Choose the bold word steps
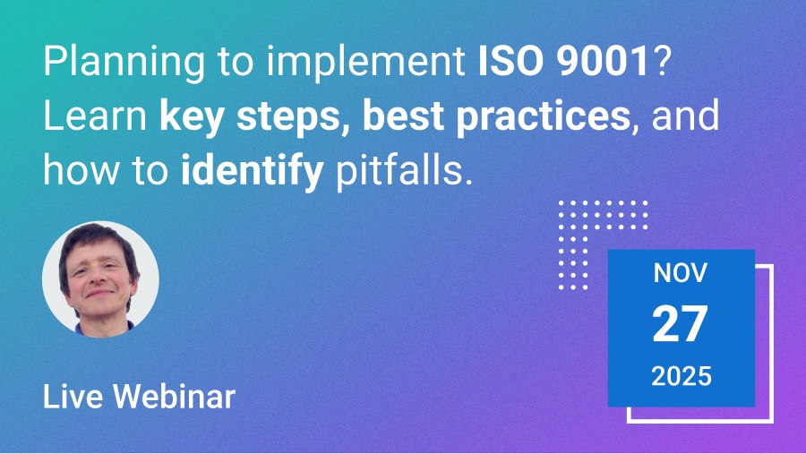pos(287,118)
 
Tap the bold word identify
pos(251,169)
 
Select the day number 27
pos(681,324)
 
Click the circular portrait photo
pos(100,279)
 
